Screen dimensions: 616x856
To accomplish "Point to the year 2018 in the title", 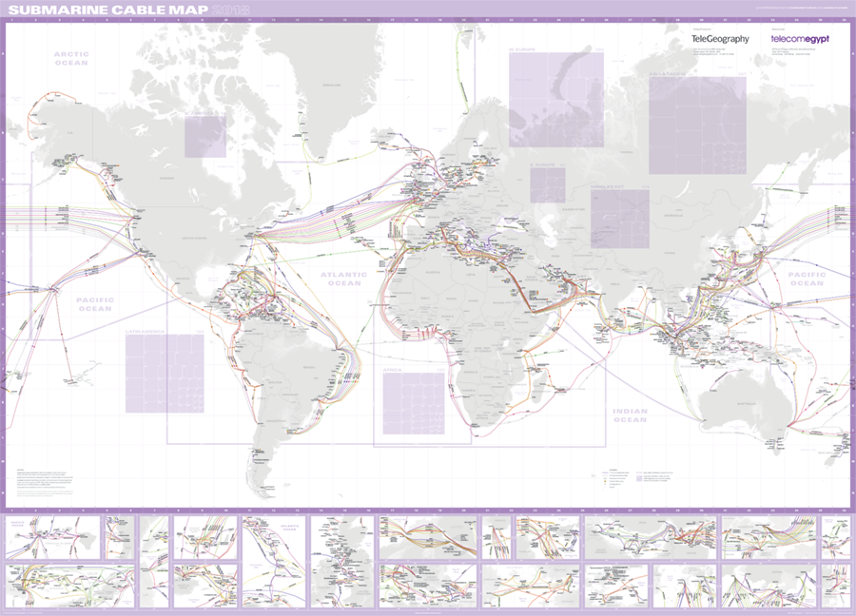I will coord(230,11).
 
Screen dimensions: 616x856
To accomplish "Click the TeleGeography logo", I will coord(720,39).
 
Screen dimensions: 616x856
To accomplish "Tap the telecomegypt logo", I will coord(800,39).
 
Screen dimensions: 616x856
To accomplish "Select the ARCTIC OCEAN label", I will coord(71,58).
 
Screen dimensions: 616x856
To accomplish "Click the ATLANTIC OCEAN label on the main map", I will coord(341,279).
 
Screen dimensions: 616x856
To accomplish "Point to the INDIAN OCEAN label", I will coord(630,415).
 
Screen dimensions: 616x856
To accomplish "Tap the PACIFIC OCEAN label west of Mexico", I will coord(94,303).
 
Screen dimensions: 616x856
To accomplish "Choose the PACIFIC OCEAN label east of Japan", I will coord(807,278).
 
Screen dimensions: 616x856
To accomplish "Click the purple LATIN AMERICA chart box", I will coord(165,373).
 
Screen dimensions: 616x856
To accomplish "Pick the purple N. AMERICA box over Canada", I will coord(204,136).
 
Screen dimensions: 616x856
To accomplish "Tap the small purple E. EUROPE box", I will coord(548,184).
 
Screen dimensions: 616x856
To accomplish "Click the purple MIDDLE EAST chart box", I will coord(619,219).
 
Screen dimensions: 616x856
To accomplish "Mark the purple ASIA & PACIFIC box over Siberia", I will coord(697,125).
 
